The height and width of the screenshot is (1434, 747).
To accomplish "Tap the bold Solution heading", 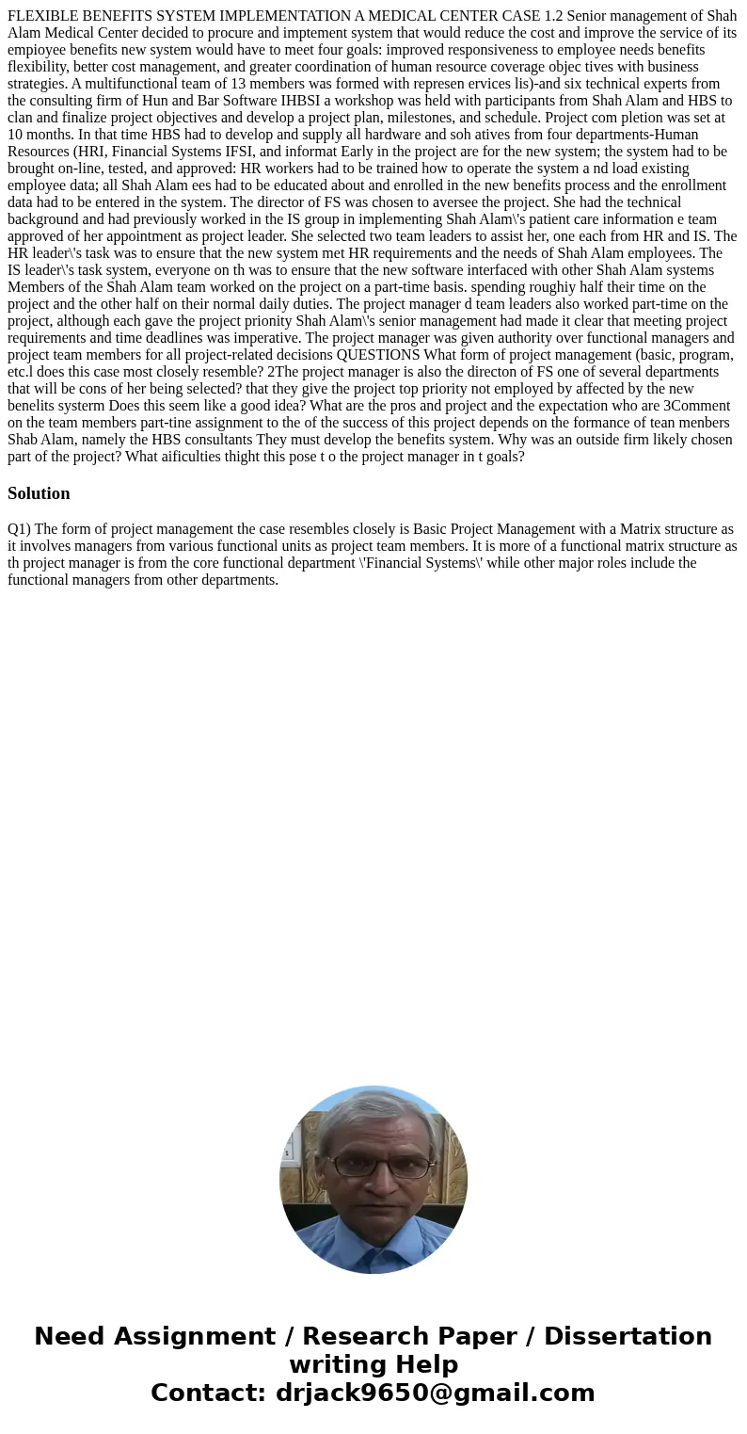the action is [39, 493].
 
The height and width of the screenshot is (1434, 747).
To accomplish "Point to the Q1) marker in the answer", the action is [19, 529].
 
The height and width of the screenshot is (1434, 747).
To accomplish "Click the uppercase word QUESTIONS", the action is [378, 355].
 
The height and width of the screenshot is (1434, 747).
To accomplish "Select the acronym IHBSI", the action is [295, 100].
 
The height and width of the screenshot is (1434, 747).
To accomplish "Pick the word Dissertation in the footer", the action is [628, 1336].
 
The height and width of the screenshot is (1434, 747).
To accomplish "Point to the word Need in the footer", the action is [76, 1336].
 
